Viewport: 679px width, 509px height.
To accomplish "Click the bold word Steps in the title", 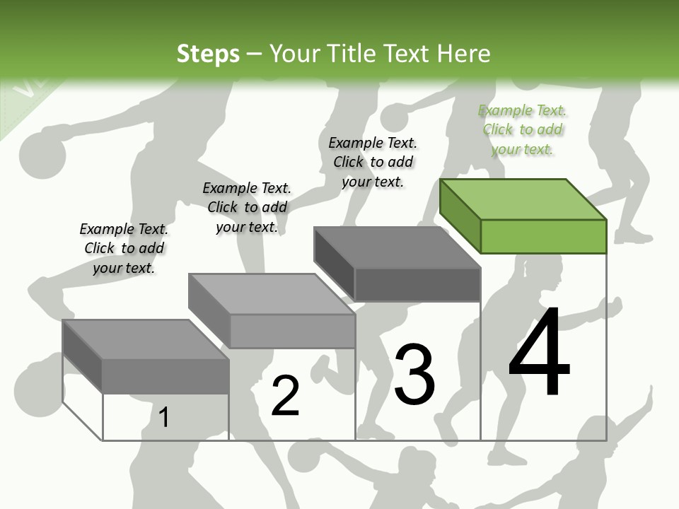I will (208, 54).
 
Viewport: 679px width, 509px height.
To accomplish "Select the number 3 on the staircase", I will (414, 375).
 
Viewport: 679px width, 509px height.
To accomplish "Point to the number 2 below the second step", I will (286, 395).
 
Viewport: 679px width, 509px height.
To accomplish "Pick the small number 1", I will (164, 417).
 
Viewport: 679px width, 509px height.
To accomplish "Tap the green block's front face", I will (543, 236).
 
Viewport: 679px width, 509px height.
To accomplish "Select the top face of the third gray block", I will (397, 247).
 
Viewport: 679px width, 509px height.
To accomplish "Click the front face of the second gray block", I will (292, 331).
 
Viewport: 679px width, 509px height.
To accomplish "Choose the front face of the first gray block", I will (166, 375).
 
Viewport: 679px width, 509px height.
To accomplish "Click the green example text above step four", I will (523, 129).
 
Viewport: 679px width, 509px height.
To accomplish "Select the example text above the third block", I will (373, 162).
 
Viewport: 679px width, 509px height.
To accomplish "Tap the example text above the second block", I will (247, 207).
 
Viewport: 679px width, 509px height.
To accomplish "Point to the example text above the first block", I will (124, 248).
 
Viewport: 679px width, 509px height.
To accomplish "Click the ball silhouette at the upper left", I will (41, 155).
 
